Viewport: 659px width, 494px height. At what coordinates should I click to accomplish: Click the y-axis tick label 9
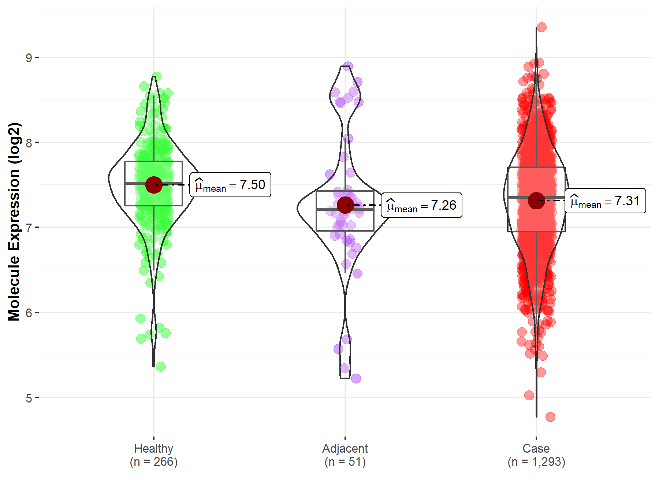[x=29, y=58]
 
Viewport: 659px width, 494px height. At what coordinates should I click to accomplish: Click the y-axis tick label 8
[x=29, y=143]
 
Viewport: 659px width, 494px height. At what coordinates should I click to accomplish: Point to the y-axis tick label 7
[x=29, y=228]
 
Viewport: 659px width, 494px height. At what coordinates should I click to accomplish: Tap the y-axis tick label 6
[x=29, y=313]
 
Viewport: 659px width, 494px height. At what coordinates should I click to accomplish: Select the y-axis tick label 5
[x=29, y=398]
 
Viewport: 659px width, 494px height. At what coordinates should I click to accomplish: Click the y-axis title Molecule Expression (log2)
[x=14, y=222]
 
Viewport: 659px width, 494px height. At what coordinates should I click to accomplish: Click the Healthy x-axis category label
[x=153, y=448]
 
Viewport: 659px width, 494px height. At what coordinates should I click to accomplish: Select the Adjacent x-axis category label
[x=345, y=448]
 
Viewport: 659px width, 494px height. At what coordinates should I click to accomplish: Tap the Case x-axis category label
[x=536, y=448]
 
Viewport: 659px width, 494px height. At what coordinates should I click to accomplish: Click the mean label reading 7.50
[x=230, y=185]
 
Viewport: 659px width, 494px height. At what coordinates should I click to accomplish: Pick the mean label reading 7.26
[x=421, y=205]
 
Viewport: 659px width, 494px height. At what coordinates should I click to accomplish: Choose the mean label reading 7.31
[x=605, y=201]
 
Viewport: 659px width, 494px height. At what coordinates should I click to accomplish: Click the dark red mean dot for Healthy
[x=154, y=185]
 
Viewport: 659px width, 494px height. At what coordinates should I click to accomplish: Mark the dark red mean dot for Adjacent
[x=345, y=205]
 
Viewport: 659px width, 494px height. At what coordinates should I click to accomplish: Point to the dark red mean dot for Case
[x=536, y=201]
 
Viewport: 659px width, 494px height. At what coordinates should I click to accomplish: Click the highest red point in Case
[x=541, y=27]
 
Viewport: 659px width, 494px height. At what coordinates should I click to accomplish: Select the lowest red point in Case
[x=550, y=417]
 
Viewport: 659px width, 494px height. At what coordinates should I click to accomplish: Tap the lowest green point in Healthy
[x=161, y=367]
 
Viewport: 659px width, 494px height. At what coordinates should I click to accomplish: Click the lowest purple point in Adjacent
[x=356, y=378]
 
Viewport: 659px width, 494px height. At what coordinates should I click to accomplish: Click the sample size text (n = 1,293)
[x=536, y=462]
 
